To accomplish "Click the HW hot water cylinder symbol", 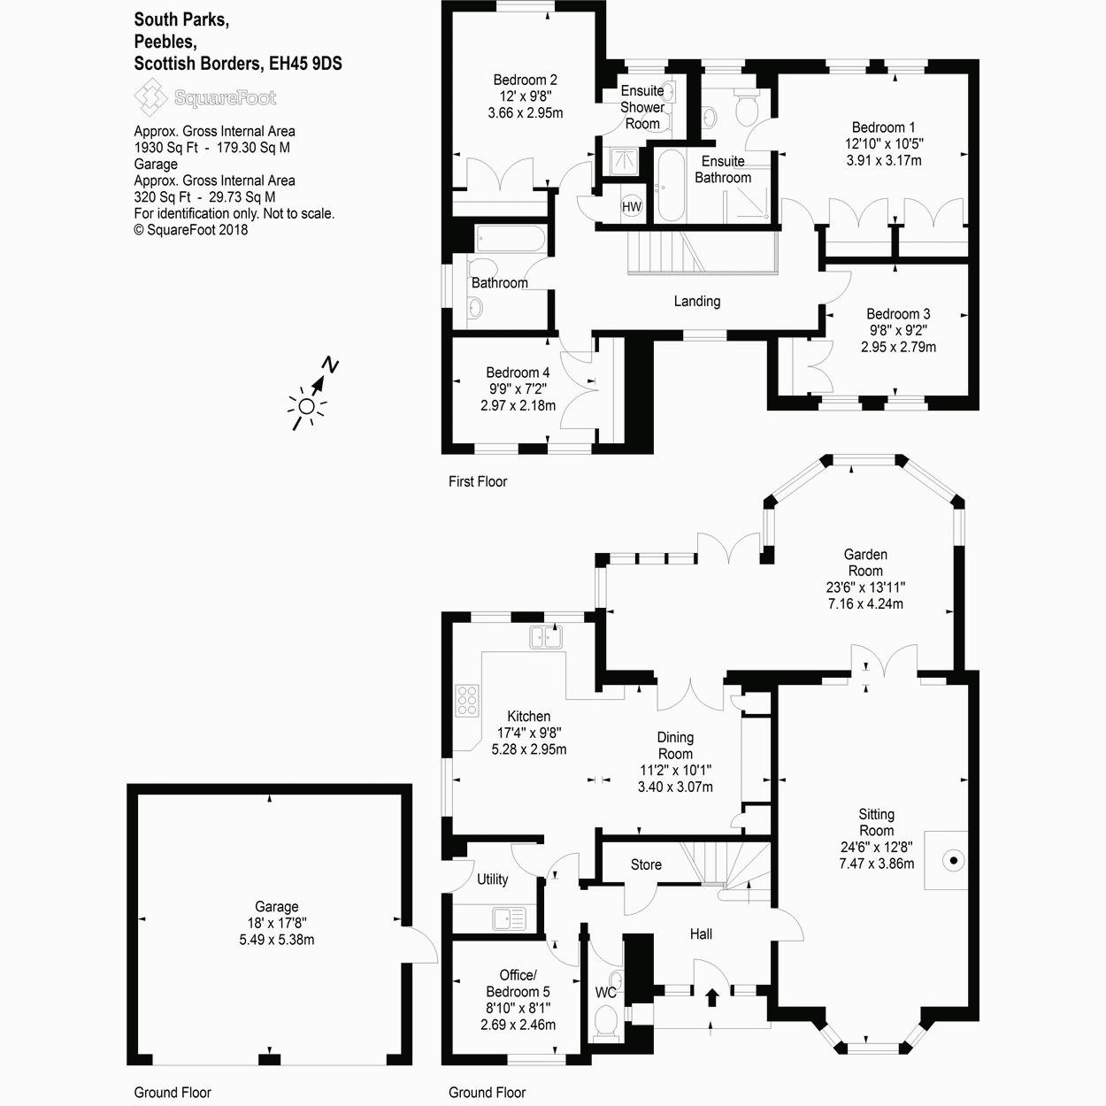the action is click(x=632, y=207).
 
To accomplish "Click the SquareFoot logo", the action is click(x=204, y=97).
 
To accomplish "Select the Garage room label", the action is click(x=276, y=907).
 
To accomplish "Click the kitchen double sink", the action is click(x=546, y=636).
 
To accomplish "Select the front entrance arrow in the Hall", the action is click(x=712, y=997).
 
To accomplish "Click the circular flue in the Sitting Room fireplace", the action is click(x=954, y=859).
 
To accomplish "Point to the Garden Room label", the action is click(x=864, y=563).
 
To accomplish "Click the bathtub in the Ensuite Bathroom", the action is click(x=669, y=186).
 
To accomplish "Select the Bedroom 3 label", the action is click(x=898, y=314).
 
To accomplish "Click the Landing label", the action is click(x=697, y=302).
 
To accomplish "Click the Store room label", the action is click(x=646, y=864).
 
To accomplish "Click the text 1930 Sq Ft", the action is click(x=165, y=148).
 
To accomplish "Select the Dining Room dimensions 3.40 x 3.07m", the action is click(x=675, y=787).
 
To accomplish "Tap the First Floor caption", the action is click(x=478, y=482).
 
